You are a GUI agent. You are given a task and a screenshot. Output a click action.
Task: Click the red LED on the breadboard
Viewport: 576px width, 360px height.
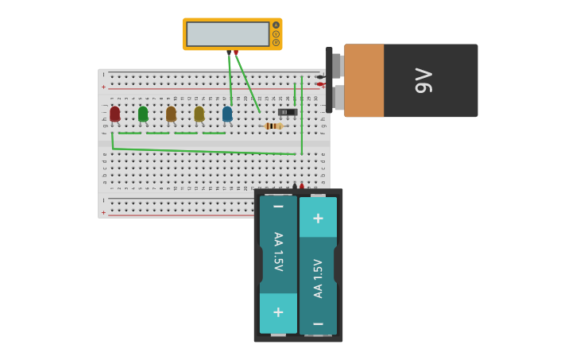point(114,114)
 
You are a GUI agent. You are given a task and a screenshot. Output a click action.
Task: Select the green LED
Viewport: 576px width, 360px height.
point(143,114)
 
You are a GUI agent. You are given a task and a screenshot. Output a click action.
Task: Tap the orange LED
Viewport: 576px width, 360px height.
point(171,114)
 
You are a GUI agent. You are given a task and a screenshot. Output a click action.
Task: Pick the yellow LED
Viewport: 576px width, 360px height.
point(199,114)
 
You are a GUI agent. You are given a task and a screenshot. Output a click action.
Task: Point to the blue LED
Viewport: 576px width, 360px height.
point(227,114)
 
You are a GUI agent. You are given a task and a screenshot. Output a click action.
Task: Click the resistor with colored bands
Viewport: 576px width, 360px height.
point(273,126)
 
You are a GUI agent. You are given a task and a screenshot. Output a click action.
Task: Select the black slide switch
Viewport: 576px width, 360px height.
point(288,112)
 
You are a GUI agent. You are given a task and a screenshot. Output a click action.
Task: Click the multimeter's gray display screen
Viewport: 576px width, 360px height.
point(227,34)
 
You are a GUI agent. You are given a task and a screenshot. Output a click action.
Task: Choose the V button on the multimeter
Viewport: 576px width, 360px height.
point(276,34)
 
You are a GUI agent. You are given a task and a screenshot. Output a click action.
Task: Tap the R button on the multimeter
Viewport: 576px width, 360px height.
point(276,43)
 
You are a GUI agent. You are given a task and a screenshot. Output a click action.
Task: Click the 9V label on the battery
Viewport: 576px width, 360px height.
point(423,81)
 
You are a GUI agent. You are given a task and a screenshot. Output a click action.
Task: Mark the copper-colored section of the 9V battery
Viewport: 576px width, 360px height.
point(364,81)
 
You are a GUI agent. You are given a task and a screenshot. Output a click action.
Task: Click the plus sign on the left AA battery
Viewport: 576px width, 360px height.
point(278,312)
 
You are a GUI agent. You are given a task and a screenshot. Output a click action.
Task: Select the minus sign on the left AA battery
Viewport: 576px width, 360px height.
point(278,207)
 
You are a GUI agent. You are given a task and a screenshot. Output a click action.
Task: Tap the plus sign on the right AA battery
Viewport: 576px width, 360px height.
point(318,218)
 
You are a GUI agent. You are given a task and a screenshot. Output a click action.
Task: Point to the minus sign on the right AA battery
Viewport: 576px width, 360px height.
point(318,323)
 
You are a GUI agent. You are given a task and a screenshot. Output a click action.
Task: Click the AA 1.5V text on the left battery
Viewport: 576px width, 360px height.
point(278,251)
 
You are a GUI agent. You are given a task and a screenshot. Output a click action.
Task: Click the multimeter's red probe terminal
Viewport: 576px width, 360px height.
point(236,52)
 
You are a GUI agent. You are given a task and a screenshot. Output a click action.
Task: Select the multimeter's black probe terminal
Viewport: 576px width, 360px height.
point(229,52)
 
